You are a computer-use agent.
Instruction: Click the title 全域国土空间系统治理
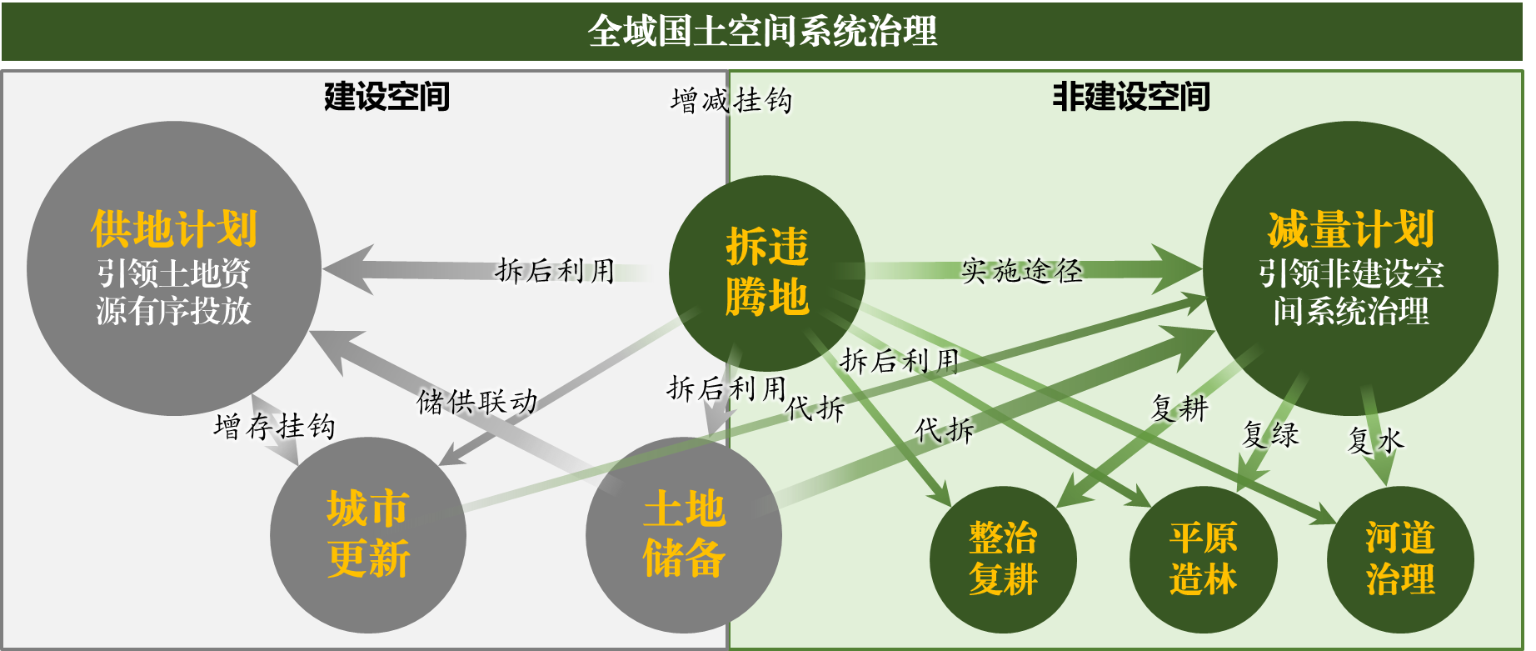(763, 32)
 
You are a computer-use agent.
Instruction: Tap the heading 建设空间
(386, 97)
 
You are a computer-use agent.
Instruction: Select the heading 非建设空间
(1131, 97)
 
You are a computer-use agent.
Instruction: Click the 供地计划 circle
(174, 268)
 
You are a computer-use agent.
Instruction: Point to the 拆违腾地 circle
(767, 273)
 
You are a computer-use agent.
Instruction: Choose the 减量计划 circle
(1350, 268)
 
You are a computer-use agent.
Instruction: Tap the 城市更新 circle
(368, 535)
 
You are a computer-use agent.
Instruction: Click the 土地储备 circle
(684, 535)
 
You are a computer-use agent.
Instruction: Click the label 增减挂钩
(731, 101)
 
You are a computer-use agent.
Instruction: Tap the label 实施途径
(1021, 270)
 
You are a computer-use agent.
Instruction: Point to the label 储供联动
(477, 402)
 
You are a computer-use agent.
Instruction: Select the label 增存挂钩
(275, 427)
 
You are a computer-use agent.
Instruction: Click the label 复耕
(1179, 408)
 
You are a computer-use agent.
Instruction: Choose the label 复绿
(1270, 434)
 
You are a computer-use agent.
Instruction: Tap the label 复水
(1376, 440)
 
